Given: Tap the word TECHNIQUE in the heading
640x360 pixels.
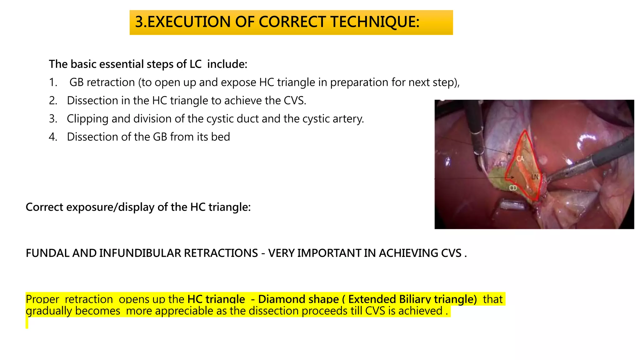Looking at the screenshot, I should [374, 22].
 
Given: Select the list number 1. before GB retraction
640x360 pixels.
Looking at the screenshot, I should [53, 82].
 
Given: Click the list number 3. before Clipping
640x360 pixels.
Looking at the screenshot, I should [53, 119].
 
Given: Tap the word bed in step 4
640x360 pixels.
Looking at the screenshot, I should [220, 137].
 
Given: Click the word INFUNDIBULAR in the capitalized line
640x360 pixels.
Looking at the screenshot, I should [142, 253].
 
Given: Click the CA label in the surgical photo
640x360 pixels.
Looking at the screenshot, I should [520, 159].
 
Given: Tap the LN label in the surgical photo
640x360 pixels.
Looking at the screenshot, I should [535, 177].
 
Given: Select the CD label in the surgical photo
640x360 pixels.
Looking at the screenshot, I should [513, 188].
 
